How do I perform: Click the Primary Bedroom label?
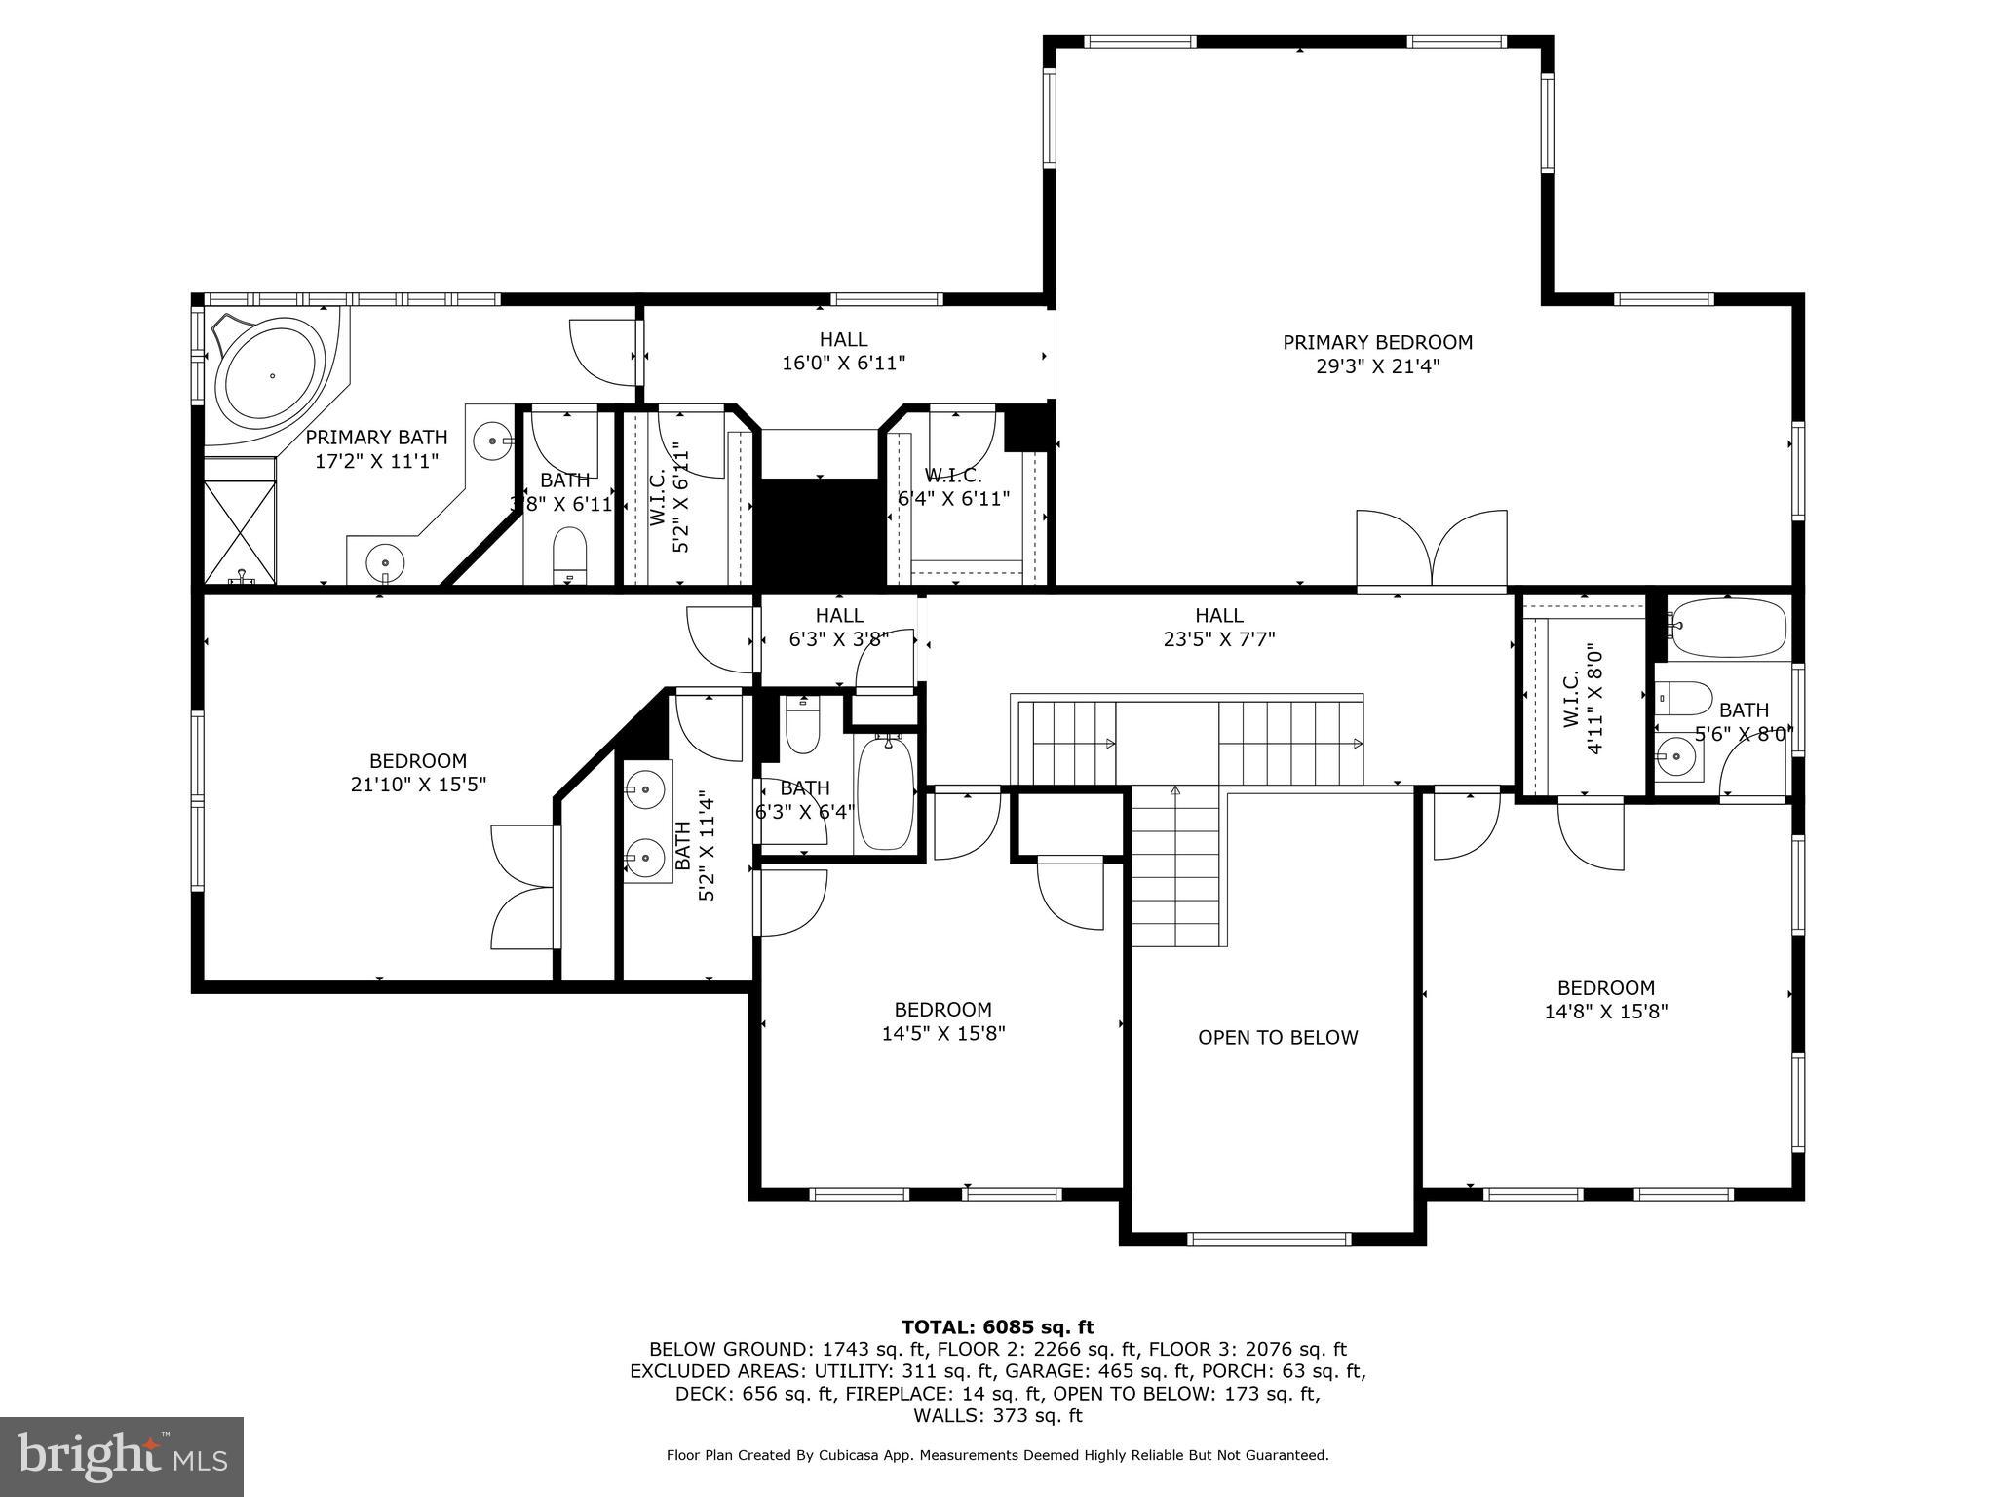[x=1376, y=342]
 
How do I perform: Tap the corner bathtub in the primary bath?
[x=272, y=375]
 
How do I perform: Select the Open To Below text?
[x=1277, y=1037]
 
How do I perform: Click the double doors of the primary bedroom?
[x=1432, y=551]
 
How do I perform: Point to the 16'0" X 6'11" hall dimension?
[x=843, y=364]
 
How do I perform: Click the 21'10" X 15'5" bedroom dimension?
[x=417, y=785]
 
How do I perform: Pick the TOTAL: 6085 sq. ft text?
[x=997, y=1326]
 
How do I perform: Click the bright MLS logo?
[x=122, y=1457]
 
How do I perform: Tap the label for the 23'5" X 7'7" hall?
[x=1218, y=615]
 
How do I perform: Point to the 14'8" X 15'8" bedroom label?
[x=1605, y=987]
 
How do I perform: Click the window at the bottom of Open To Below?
[x=1270, y=1239]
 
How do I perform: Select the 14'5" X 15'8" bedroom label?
[x=942, y=1010]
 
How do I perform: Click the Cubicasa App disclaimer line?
[x=997, y=1455]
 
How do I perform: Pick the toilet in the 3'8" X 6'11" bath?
[x=569, y=553]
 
